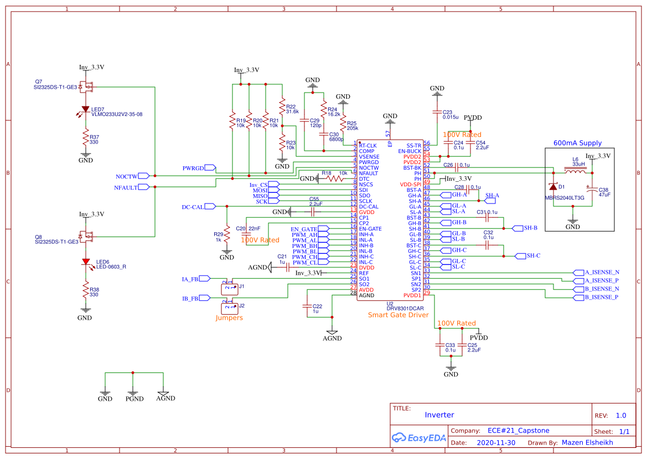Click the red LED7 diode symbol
(85, 109)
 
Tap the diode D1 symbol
(553, 187)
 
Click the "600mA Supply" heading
(577, 143)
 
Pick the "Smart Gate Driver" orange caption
(398, 315)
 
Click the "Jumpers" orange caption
(229, 318)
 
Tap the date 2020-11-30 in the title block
(495, 443)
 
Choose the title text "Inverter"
(439, 415)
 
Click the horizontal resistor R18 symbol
(334, 178)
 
